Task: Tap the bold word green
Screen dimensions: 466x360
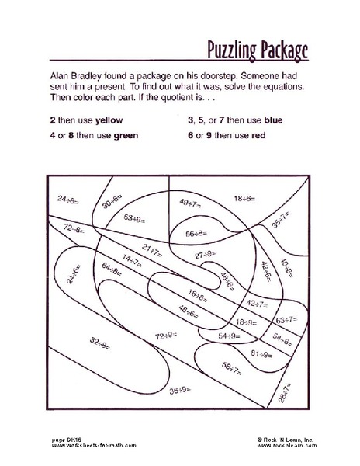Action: click(x=122, y=135)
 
